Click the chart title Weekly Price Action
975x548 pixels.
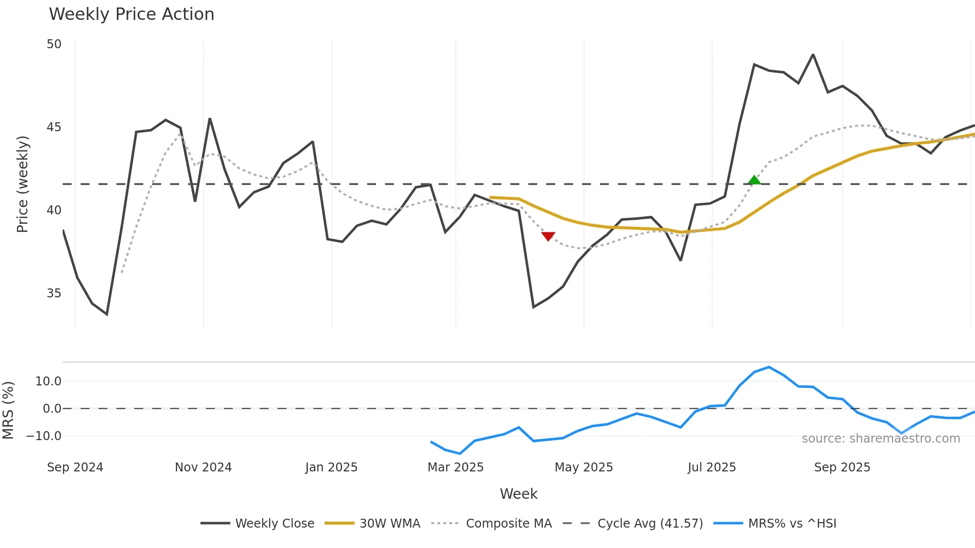click(x=131, y=14)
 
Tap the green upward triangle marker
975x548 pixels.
click(x=754, y=180)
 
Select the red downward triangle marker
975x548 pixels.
click(x=548, y=236)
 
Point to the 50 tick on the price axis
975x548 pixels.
click(x=54, y=44)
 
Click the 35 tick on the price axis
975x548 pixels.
click(x=54, y=293)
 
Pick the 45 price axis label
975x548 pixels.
click(x=54, y=127)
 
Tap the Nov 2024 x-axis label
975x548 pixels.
click(x=203, y=467)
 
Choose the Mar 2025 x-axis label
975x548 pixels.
click(x=455, y=467)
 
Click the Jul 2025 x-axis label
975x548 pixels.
click(x=711, y=467)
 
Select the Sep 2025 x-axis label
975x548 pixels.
click(x=842, y=467)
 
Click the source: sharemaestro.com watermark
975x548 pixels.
click(x=880, y=439)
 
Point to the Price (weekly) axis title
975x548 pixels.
click(x=22, y=184)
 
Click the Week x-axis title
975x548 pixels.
click(x=518, y=494)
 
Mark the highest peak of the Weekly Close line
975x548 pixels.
click(x=813, y=55)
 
